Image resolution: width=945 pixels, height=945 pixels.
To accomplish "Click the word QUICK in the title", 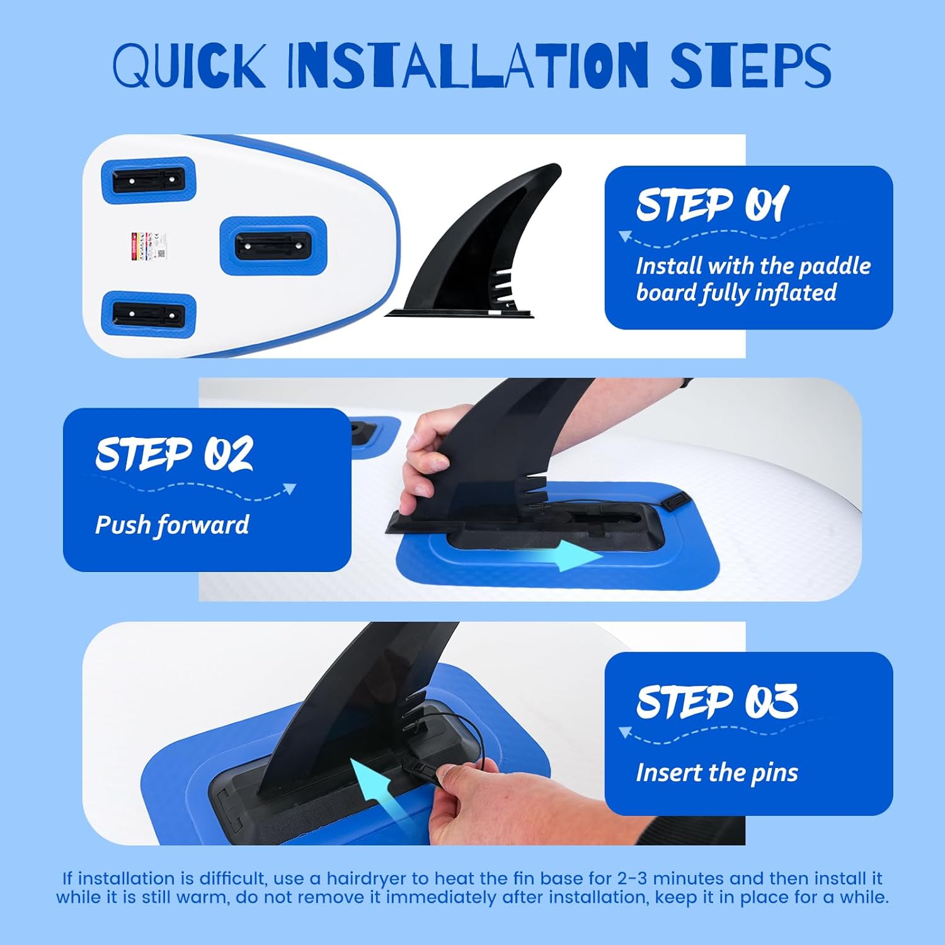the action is (189, 65).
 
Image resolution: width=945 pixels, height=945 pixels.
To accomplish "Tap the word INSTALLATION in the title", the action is (467, 65).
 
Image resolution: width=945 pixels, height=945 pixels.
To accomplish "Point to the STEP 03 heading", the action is (717, 701).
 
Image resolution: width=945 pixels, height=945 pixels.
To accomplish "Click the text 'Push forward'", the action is (172, 525).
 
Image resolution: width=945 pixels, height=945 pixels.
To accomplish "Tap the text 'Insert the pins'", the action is (717, 772).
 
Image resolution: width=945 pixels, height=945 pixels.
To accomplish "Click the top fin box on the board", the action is (149, 181).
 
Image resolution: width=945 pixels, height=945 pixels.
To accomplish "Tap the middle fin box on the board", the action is (273, 245).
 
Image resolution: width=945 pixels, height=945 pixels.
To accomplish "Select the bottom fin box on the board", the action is (149, 314).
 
